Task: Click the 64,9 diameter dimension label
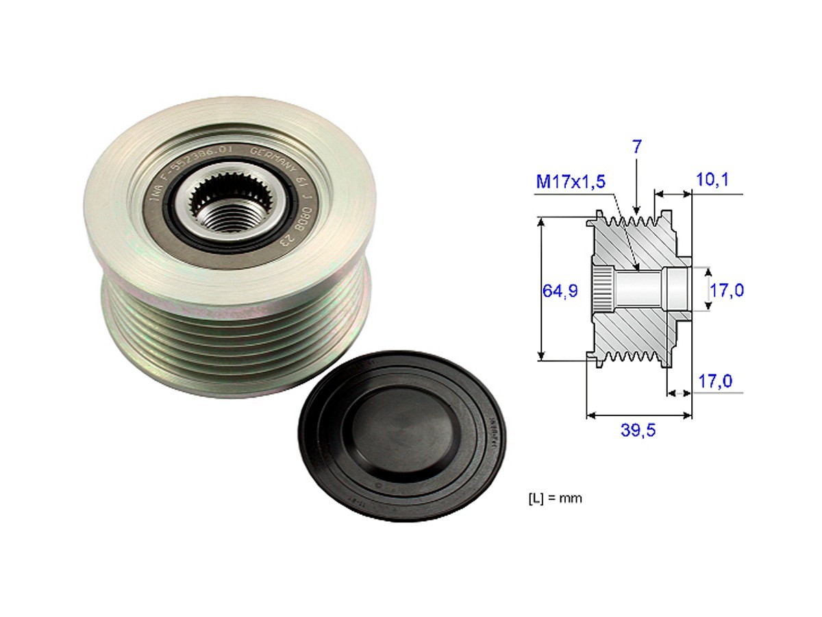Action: click(x=560, y=291)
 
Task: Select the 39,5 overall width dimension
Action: click(x=638, y=431)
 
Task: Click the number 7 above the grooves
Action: click(x=636, y=146)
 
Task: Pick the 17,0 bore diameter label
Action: click(x=726, y=290)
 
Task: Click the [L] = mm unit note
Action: click(x=555, y=498)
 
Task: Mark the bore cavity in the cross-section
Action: click(x=640, y=289)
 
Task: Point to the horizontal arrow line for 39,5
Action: click(x=638, y=415)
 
